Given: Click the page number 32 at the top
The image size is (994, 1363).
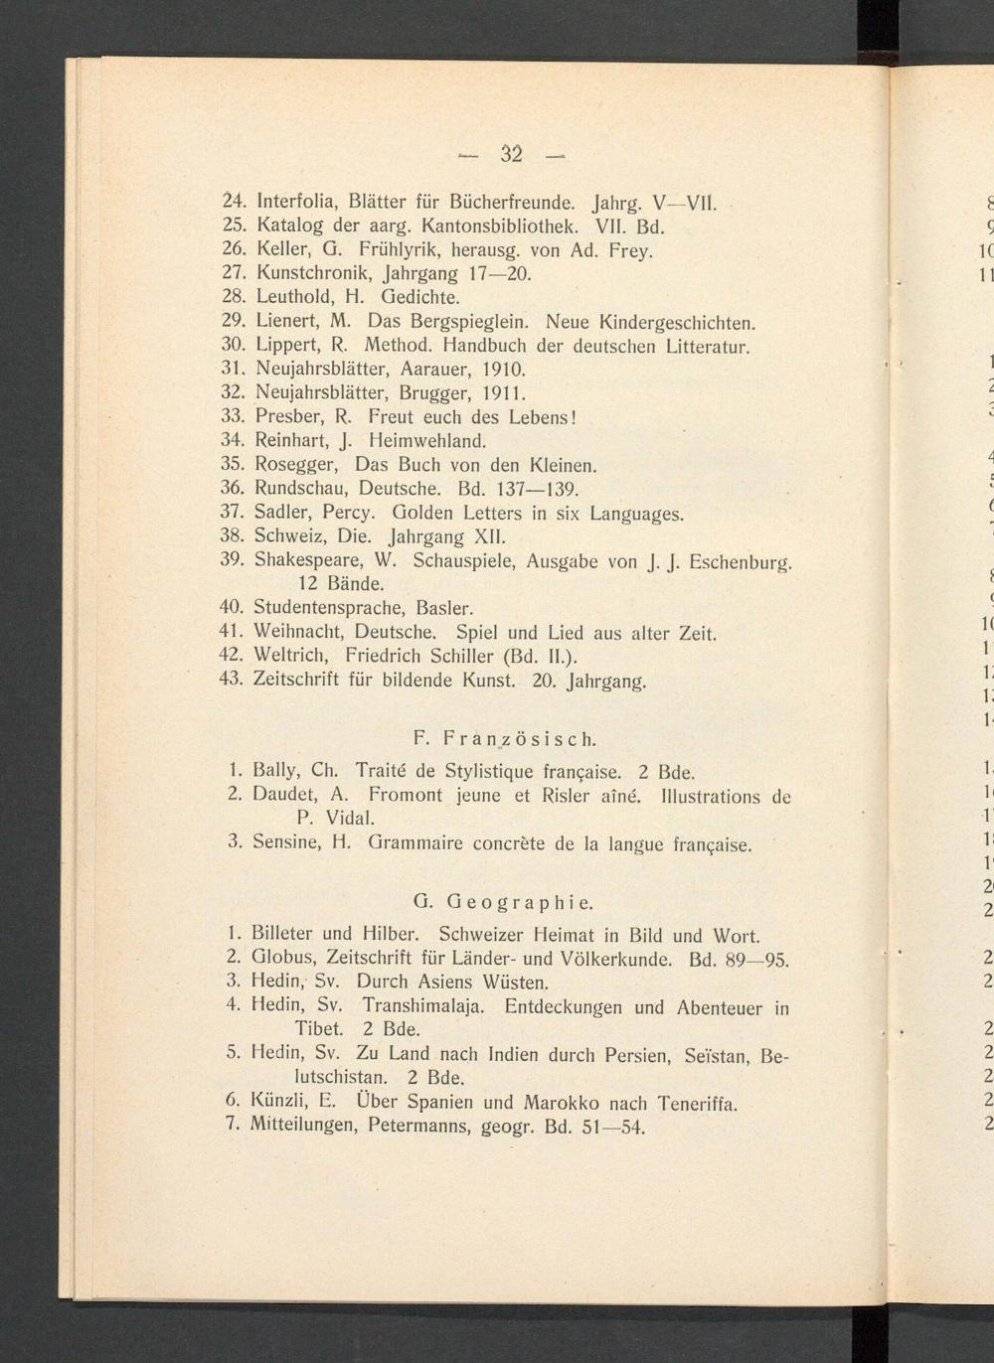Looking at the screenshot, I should pos(511,154).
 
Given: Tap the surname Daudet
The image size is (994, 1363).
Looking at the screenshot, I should pos(286,795).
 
